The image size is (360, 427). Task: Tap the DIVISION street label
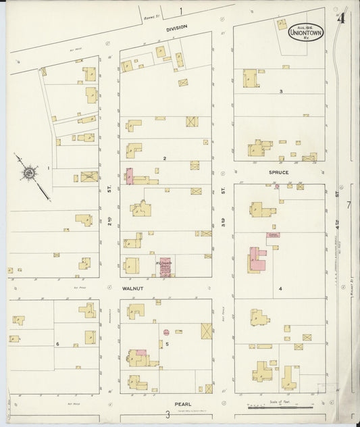(176, 28)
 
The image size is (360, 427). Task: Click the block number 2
(164, 158)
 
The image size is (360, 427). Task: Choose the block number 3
(280, 91)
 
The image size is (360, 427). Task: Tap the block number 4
(280, 289)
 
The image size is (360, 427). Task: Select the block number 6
(58, 344)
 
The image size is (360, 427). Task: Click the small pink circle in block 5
(165, 332)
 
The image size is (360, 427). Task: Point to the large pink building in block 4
(257, 259)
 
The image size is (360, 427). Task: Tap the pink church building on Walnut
(165, 267)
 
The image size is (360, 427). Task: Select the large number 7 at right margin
(349, 205)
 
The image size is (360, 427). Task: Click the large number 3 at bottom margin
(167, 415)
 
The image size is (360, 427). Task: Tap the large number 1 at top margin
(180, 11)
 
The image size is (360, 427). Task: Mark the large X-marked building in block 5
(207, 331)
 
